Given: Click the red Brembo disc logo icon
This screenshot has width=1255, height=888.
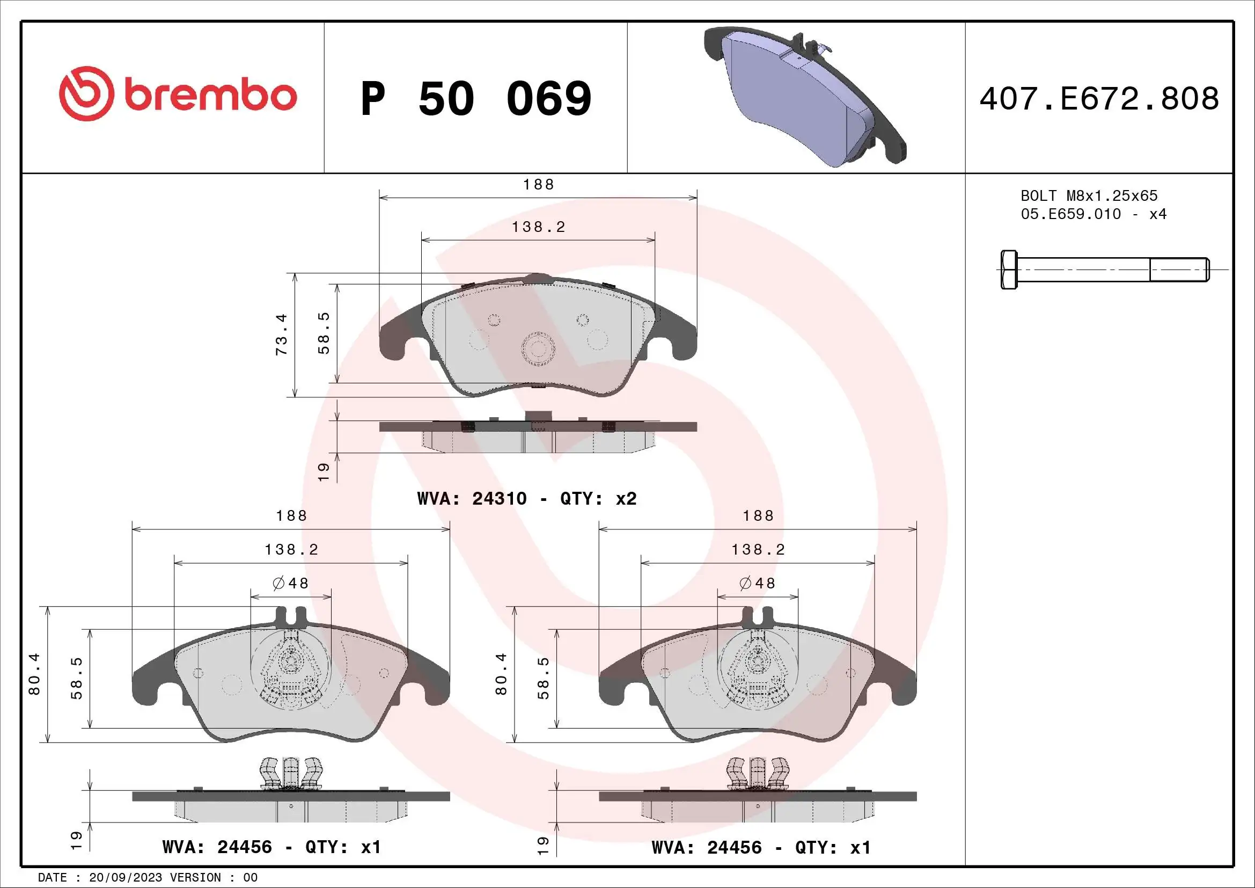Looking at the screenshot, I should pyautogui.click(x=86, y=94).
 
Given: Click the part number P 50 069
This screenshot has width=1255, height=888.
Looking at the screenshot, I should pyautogui.click(x=475, y=98).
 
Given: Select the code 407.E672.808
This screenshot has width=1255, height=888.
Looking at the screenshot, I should pyautogui.click(x=1099, y=98).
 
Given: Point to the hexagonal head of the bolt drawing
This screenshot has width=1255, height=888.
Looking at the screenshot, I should pyautogui.click(x=1009, y=270).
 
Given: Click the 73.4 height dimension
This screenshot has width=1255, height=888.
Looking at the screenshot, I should pyautogui.click(x=282, y=334).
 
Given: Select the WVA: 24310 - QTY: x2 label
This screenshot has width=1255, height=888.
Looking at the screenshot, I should pyautogui.click(x=526, y=499).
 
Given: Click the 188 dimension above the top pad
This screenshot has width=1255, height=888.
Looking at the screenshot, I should pyautogui.click(x=538, y=185).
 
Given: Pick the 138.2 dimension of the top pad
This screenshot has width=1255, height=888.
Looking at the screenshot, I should pyautogui.click(x=538, y=227).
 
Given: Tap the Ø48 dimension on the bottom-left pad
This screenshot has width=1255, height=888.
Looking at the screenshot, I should pyautogui.click(x=291, y=584).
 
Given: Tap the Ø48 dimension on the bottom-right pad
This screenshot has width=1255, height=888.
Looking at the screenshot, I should pyautogui.click(x=758, y=584).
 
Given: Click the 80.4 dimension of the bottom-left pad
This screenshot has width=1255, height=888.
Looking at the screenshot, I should pyautogui.click(x=34, y=674).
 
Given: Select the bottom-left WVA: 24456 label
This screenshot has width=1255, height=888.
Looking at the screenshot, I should pyautogui.click(x=271, y=847).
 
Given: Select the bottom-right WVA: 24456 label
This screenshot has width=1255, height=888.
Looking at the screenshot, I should pyautogui.click(x=761, y=847).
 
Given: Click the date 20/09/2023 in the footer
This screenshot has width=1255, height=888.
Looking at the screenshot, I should pyautogui.click(x=125, y=878).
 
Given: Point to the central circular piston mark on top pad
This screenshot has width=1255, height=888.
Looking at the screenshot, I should pyautogui.click(x=538, y=348).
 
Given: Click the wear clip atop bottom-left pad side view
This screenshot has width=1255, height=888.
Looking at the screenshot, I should pyautogui.click(x=291, y=773).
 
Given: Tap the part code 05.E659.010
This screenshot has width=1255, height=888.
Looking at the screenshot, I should pyautogui.click(x=1070, y=214).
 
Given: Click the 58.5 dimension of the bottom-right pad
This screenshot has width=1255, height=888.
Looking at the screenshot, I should pyautogui.click(x=544, y=678).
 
